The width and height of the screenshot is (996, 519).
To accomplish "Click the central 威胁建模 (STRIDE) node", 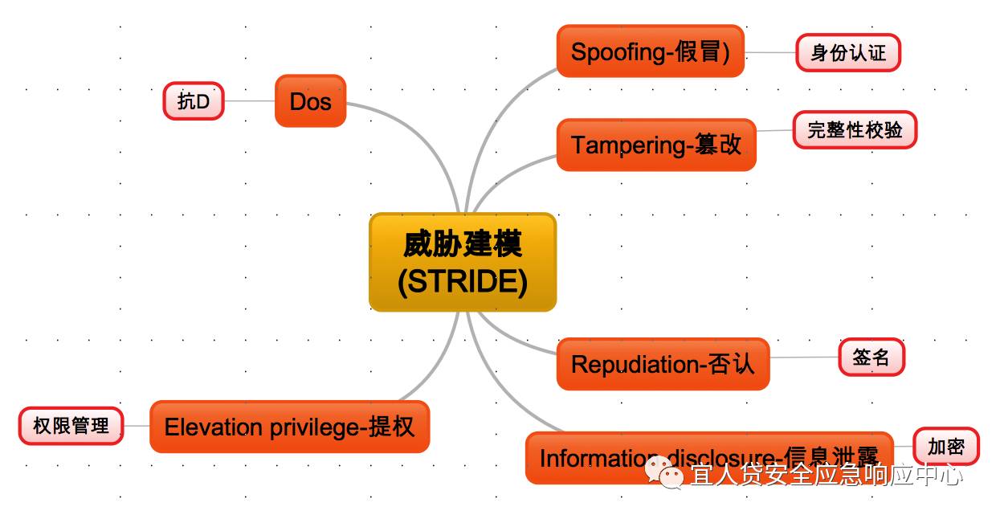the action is coord(463,262).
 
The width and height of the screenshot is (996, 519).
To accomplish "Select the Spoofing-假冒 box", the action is coord(650,52).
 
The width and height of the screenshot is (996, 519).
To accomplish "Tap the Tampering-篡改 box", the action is coord(656,145).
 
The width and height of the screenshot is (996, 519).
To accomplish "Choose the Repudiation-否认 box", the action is coord(663,364).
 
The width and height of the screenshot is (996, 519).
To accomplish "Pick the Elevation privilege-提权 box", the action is coord(289,427).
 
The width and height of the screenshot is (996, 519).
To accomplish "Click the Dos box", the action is coord(310,101).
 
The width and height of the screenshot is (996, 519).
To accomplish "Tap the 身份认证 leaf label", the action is coord(848,53).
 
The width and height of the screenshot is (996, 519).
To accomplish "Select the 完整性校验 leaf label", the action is coord(855,130).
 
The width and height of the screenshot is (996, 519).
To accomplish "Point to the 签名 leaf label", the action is coord(871,358).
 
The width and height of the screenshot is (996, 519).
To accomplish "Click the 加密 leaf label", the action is coord(945,446).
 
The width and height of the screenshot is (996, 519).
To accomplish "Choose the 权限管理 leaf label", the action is coord(71,426).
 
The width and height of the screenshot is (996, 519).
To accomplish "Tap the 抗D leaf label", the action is coord(194,101).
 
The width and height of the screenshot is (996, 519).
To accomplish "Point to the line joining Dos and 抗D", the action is coord(249,101).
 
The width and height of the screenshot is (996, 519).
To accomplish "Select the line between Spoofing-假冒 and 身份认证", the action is coord(769,53).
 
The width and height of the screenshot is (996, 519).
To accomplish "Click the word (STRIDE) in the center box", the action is coord(463,282).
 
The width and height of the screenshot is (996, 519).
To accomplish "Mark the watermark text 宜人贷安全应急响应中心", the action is coord(826,476).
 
